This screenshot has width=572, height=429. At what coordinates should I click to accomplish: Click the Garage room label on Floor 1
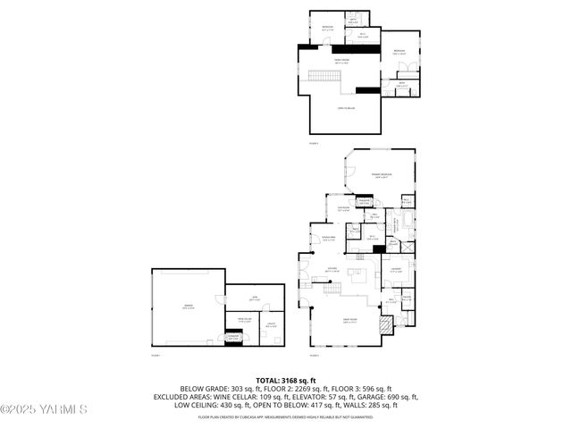click(x=189, y=307)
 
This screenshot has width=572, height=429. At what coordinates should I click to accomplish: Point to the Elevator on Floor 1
click(x=233, y=339)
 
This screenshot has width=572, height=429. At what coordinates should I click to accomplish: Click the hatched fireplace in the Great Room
click(x=385, y=325)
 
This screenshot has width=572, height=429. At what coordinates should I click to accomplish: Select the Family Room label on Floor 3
click(x=341, y=63)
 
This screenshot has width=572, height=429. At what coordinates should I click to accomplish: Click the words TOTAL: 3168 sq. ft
click(x=286, y=380)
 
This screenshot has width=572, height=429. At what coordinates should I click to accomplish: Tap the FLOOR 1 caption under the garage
click(x=156, y=356)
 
